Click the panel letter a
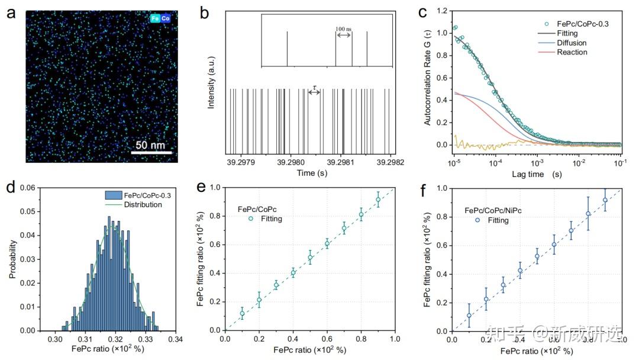[x=11, y=12]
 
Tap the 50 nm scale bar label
[x=150, y=145]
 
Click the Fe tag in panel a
[x=155, y=18]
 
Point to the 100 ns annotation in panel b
[x=343, y=28]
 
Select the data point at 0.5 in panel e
[x=310, y=258]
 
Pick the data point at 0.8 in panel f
[x=588, y=214]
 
